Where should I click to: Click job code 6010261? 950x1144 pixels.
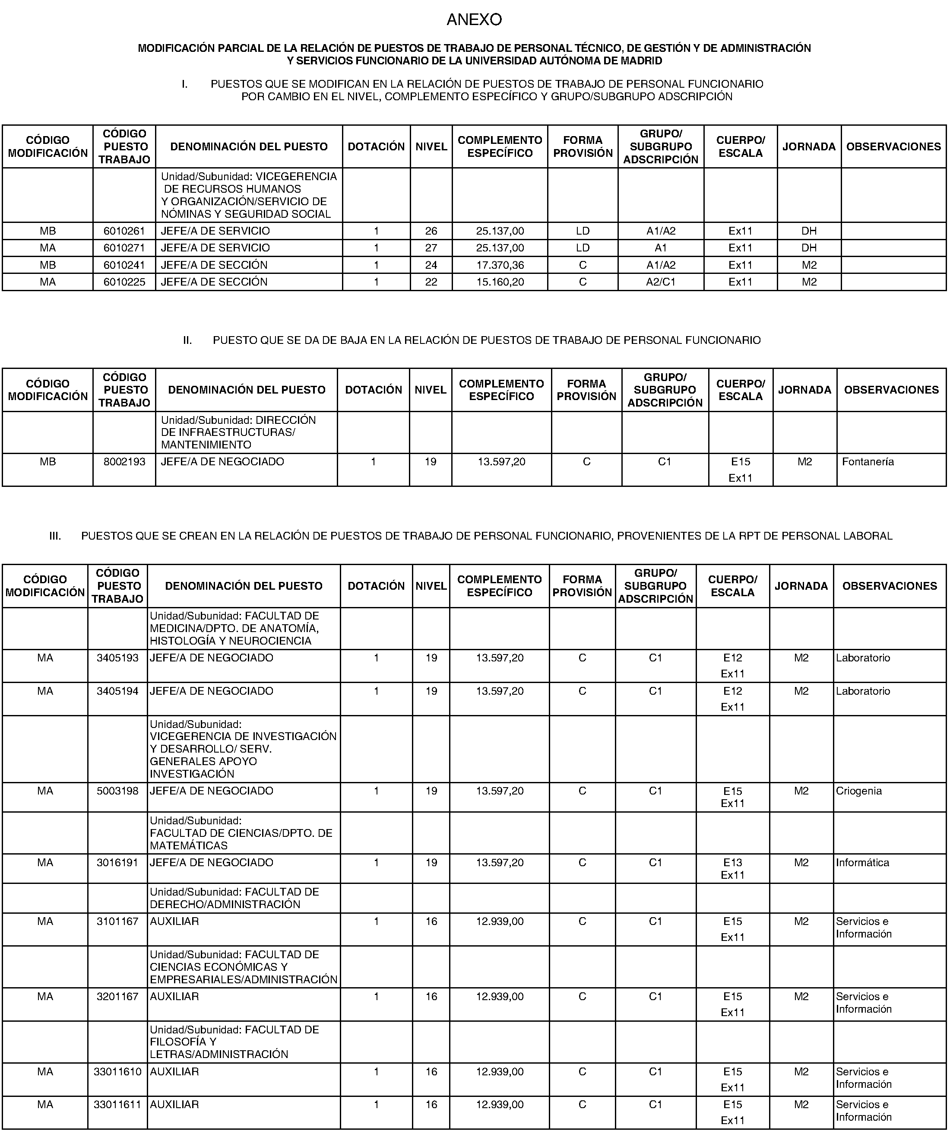tap(124, 231)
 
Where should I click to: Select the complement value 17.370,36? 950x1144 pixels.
tap(500, 265)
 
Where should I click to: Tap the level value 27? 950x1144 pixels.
tap(431, 248)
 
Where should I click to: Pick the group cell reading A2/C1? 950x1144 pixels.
tap(661, 282)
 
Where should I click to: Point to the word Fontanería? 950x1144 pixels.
tap(868, 462)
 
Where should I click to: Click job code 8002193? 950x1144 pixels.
tap(124, 462)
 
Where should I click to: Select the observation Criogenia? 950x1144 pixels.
tap(858, 791)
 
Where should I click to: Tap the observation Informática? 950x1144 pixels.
tap(862, 863)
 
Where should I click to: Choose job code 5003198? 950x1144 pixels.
tap(117, 791)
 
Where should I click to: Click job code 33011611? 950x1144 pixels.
tap(117, 1105)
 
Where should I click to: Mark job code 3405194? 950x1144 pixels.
tap(117, 691)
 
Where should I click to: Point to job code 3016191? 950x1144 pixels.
tap(117, 863)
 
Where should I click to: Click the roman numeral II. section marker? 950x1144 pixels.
tap(187, 340)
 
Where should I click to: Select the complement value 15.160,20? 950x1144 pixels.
tap(500, 282)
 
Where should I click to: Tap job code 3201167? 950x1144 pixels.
tap(117, 997)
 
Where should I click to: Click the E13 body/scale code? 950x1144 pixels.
tap(732, 863)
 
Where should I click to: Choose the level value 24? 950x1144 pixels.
tap(431, 265)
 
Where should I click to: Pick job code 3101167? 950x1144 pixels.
tap(117, 922)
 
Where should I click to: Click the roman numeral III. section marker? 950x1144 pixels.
tap(55, 536)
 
